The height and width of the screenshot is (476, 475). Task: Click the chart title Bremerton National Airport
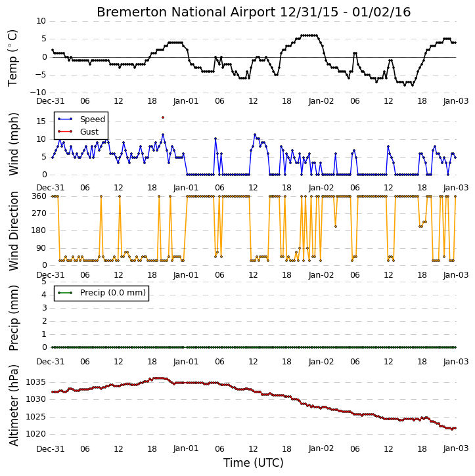pos(186,12)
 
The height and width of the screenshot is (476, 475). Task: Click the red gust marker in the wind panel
pos(163,118)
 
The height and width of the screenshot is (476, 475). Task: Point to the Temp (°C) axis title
pos(12,58)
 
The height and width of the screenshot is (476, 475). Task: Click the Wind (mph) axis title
pos(13,144)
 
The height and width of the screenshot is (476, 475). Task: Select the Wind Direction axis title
pos(13,231)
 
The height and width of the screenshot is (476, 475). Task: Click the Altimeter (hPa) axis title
pos(13,405)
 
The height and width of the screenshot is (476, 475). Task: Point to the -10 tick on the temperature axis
pos(38,93)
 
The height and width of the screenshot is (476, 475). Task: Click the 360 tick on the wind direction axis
pos(39,196)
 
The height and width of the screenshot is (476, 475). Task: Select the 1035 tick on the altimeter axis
pos(36,382)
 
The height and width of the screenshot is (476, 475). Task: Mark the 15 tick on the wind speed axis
pos(41,121)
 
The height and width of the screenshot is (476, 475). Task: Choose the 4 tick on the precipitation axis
pos(44,295)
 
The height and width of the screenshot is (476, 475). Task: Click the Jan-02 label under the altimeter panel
pos(321,448)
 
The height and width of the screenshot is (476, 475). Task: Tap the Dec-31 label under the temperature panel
pos(51,101)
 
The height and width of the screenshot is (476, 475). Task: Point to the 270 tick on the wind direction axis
pos(39,213)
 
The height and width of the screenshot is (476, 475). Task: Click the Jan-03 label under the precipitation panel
pos(456,362)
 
